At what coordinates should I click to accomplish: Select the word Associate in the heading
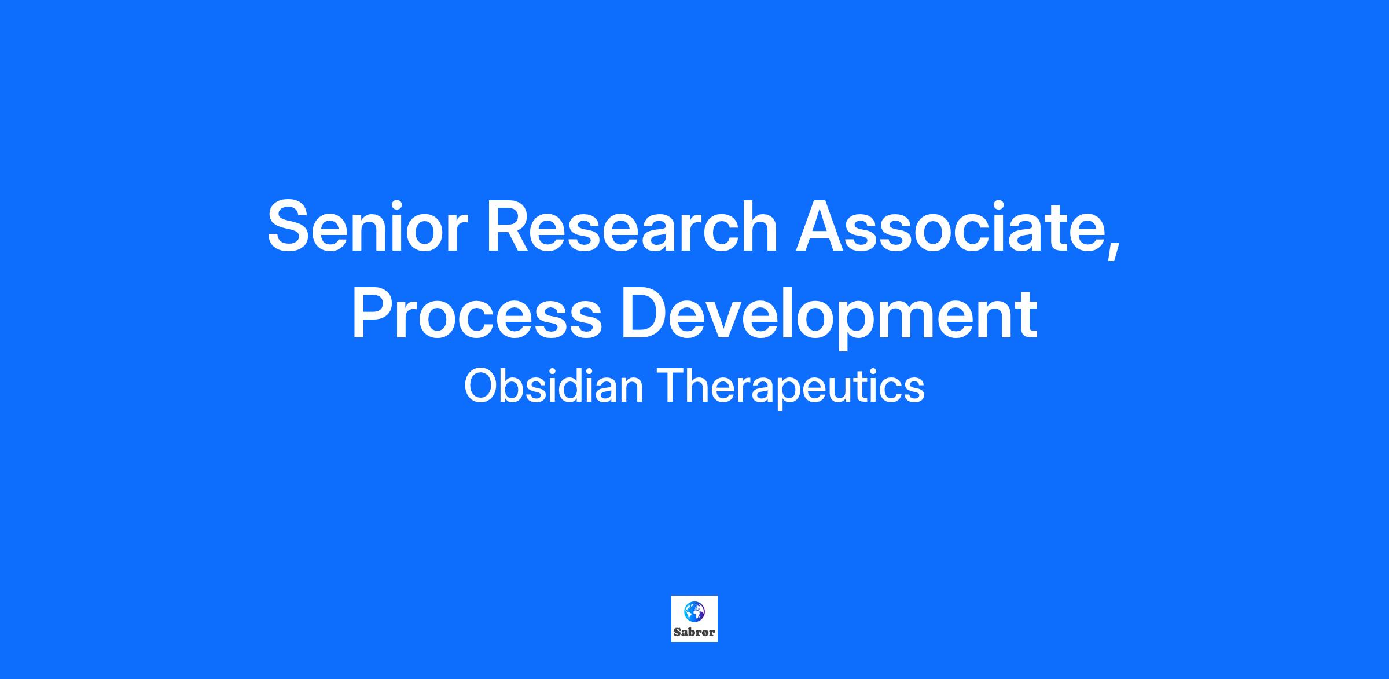949,226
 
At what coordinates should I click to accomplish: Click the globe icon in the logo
694,610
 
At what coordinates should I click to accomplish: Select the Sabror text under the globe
694,632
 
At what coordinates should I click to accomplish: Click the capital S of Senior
291,226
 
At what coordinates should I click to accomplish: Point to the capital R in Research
512,226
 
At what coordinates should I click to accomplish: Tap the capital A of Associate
821,226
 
